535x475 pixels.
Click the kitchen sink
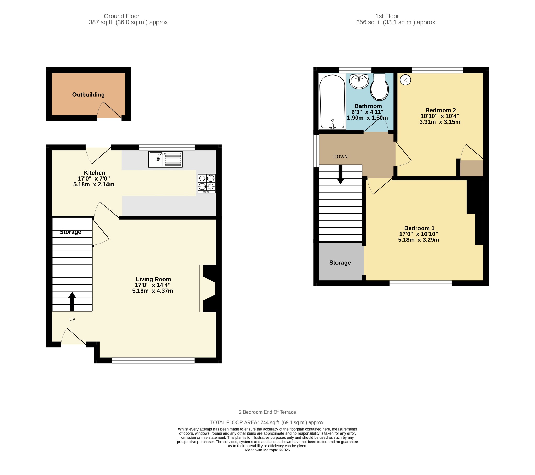click(165, 159)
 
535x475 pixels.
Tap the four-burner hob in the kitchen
click(207, 184)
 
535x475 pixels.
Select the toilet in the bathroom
click(380, 87)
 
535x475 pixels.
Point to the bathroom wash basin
click(359, 82)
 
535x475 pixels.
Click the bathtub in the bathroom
click(332, 102)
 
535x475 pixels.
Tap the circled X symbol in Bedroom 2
click(405, 80)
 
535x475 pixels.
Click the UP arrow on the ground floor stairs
click(72, 302)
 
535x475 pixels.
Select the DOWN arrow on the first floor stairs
click(341, 174)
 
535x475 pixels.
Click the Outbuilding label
click(89, 95)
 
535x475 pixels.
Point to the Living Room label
click(153, 279)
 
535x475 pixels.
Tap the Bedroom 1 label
click(419, 228)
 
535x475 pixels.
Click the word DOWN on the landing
click(341, 157)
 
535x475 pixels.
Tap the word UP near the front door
click(72, 320)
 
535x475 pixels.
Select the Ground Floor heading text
click(122, 16)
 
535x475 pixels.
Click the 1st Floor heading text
click(387, 16)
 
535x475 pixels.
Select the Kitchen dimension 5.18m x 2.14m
click(94, 184)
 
